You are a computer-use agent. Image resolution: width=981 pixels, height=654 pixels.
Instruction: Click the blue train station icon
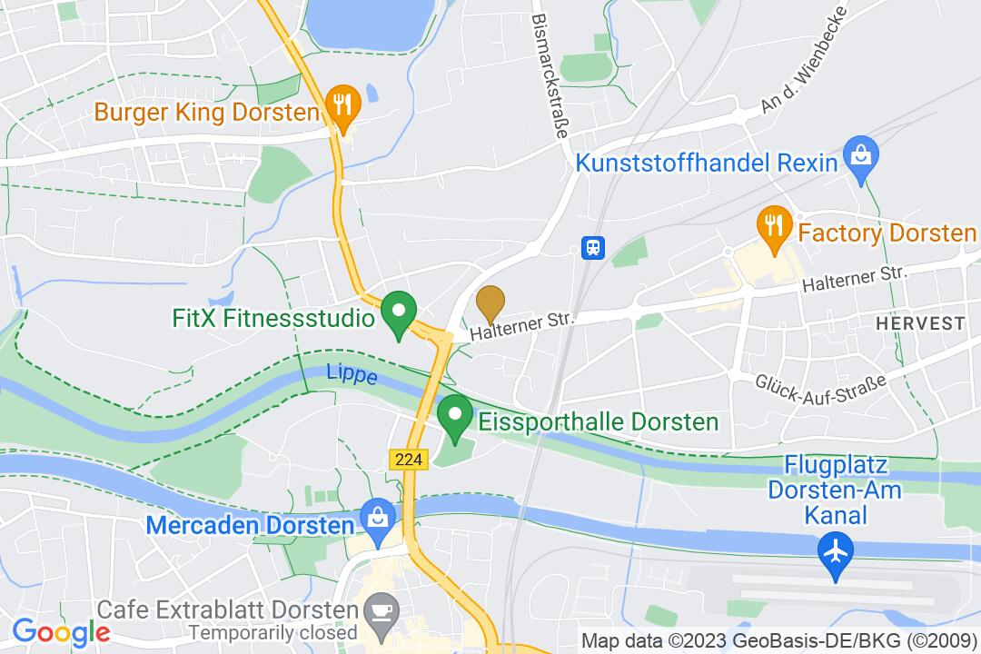592,247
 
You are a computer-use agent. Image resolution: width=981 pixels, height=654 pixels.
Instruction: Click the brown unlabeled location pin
490,302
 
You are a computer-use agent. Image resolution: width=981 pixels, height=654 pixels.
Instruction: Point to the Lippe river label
352,374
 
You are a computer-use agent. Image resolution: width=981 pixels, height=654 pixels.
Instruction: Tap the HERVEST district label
919,323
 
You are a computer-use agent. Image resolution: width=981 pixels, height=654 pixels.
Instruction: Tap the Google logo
61,631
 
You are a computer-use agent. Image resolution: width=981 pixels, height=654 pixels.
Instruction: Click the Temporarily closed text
272,631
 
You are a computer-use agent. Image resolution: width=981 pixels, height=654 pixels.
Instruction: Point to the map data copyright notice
778,639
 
